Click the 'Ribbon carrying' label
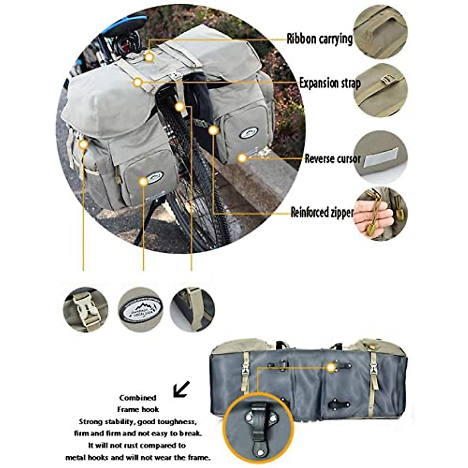(x=319, y=39)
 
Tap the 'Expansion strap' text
(x=330, y=83)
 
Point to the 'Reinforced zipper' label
(x=322, y=213)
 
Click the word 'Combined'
(x=138, y=398)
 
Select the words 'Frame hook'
(x=138, y=409)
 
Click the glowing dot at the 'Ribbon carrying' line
(x=149, y=57)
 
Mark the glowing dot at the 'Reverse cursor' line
(x=243, y=158)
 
